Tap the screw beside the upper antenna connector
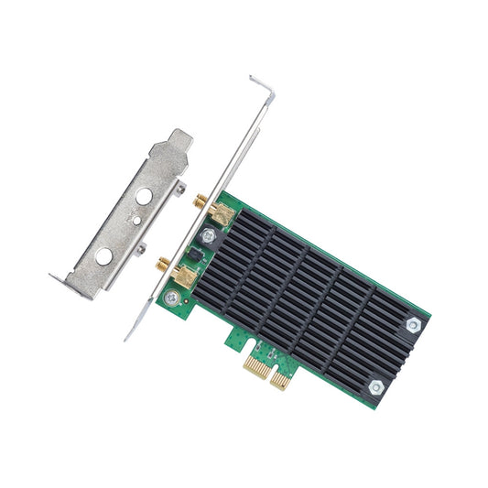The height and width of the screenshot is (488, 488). point(208,236)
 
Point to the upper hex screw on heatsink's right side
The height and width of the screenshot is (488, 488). point(412,324)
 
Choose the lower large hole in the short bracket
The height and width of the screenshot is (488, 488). point(104,255)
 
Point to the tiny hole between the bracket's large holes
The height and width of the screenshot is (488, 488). point(135,220)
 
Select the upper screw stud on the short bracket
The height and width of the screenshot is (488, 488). point(179,190)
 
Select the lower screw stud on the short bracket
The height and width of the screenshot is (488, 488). point(140,247)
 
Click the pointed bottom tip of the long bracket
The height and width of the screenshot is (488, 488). point(128,337)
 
